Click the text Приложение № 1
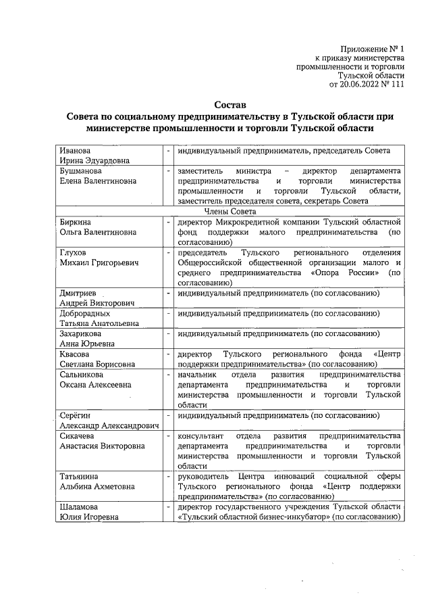click(x=373, y=49)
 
